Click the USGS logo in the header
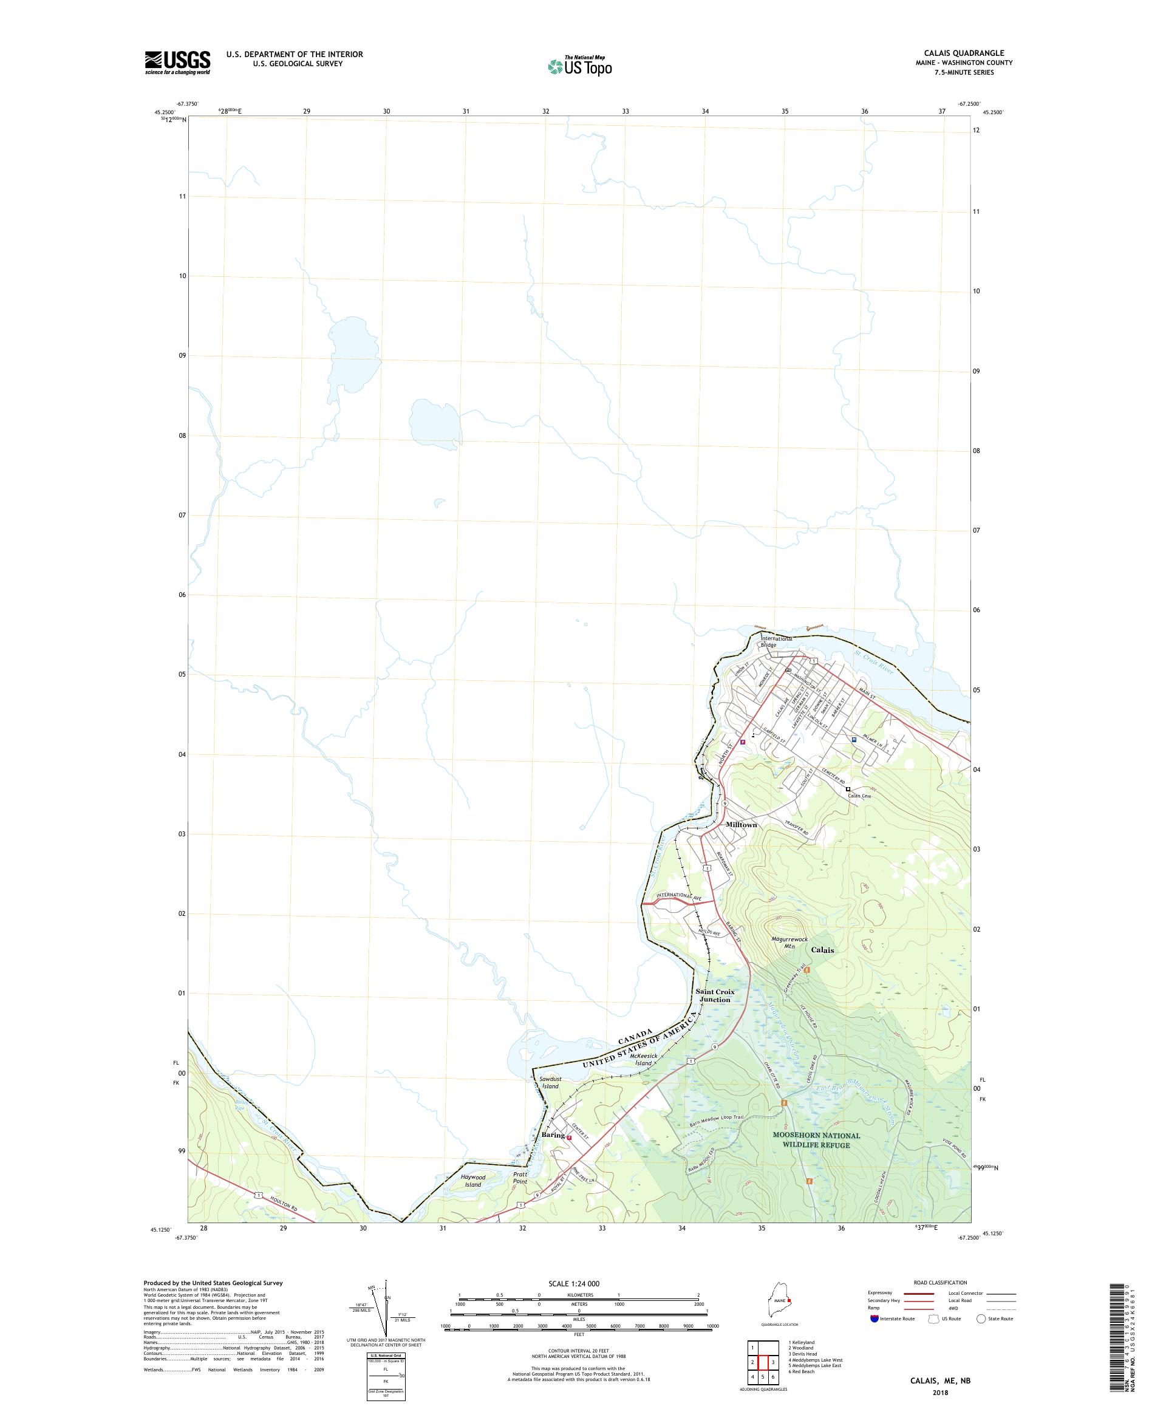coord(177,63)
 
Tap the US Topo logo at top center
coord(581,66)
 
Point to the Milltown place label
coord(741,825)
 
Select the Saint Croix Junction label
coord(715,995)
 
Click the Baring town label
coord(553,1135)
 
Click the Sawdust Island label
coord(550,1102)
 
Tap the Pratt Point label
coord(520,1196)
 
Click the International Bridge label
coord(776,641)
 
